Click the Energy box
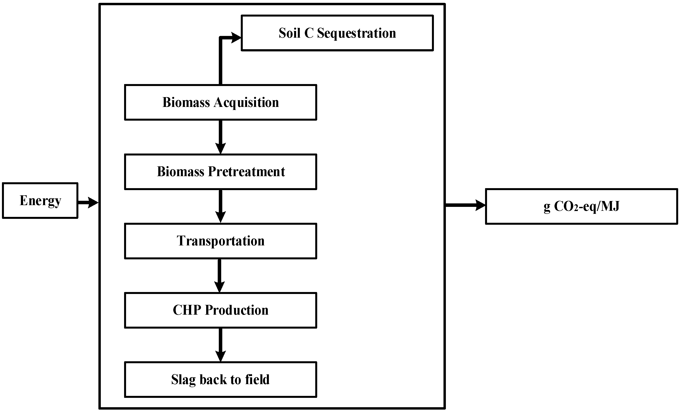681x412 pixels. [x=40, y=201]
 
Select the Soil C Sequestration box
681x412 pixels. [x=337, y=33]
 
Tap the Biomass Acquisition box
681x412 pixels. [x=221, y=102]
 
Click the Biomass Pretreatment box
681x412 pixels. [x=221, y=172]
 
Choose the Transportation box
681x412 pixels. [x=221, y=241]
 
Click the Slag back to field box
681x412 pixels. [x=221, y=380]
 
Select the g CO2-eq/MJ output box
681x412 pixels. [x=582, y=206]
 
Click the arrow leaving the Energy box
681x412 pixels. [x=88, y=202]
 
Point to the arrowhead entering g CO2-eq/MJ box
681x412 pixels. [x=480, y=205]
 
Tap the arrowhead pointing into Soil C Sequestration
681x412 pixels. [x=236, y=37]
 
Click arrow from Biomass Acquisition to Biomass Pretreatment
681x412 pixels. [x=221, y=137]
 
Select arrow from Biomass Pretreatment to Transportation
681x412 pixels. [x=221, y=206]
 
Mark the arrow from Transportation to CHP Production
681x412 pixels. [x=219, y=275]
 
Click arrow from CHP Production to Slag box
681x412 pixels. [x=221, y=345]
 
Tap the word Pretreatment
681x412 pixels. [x=246, y=172]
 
